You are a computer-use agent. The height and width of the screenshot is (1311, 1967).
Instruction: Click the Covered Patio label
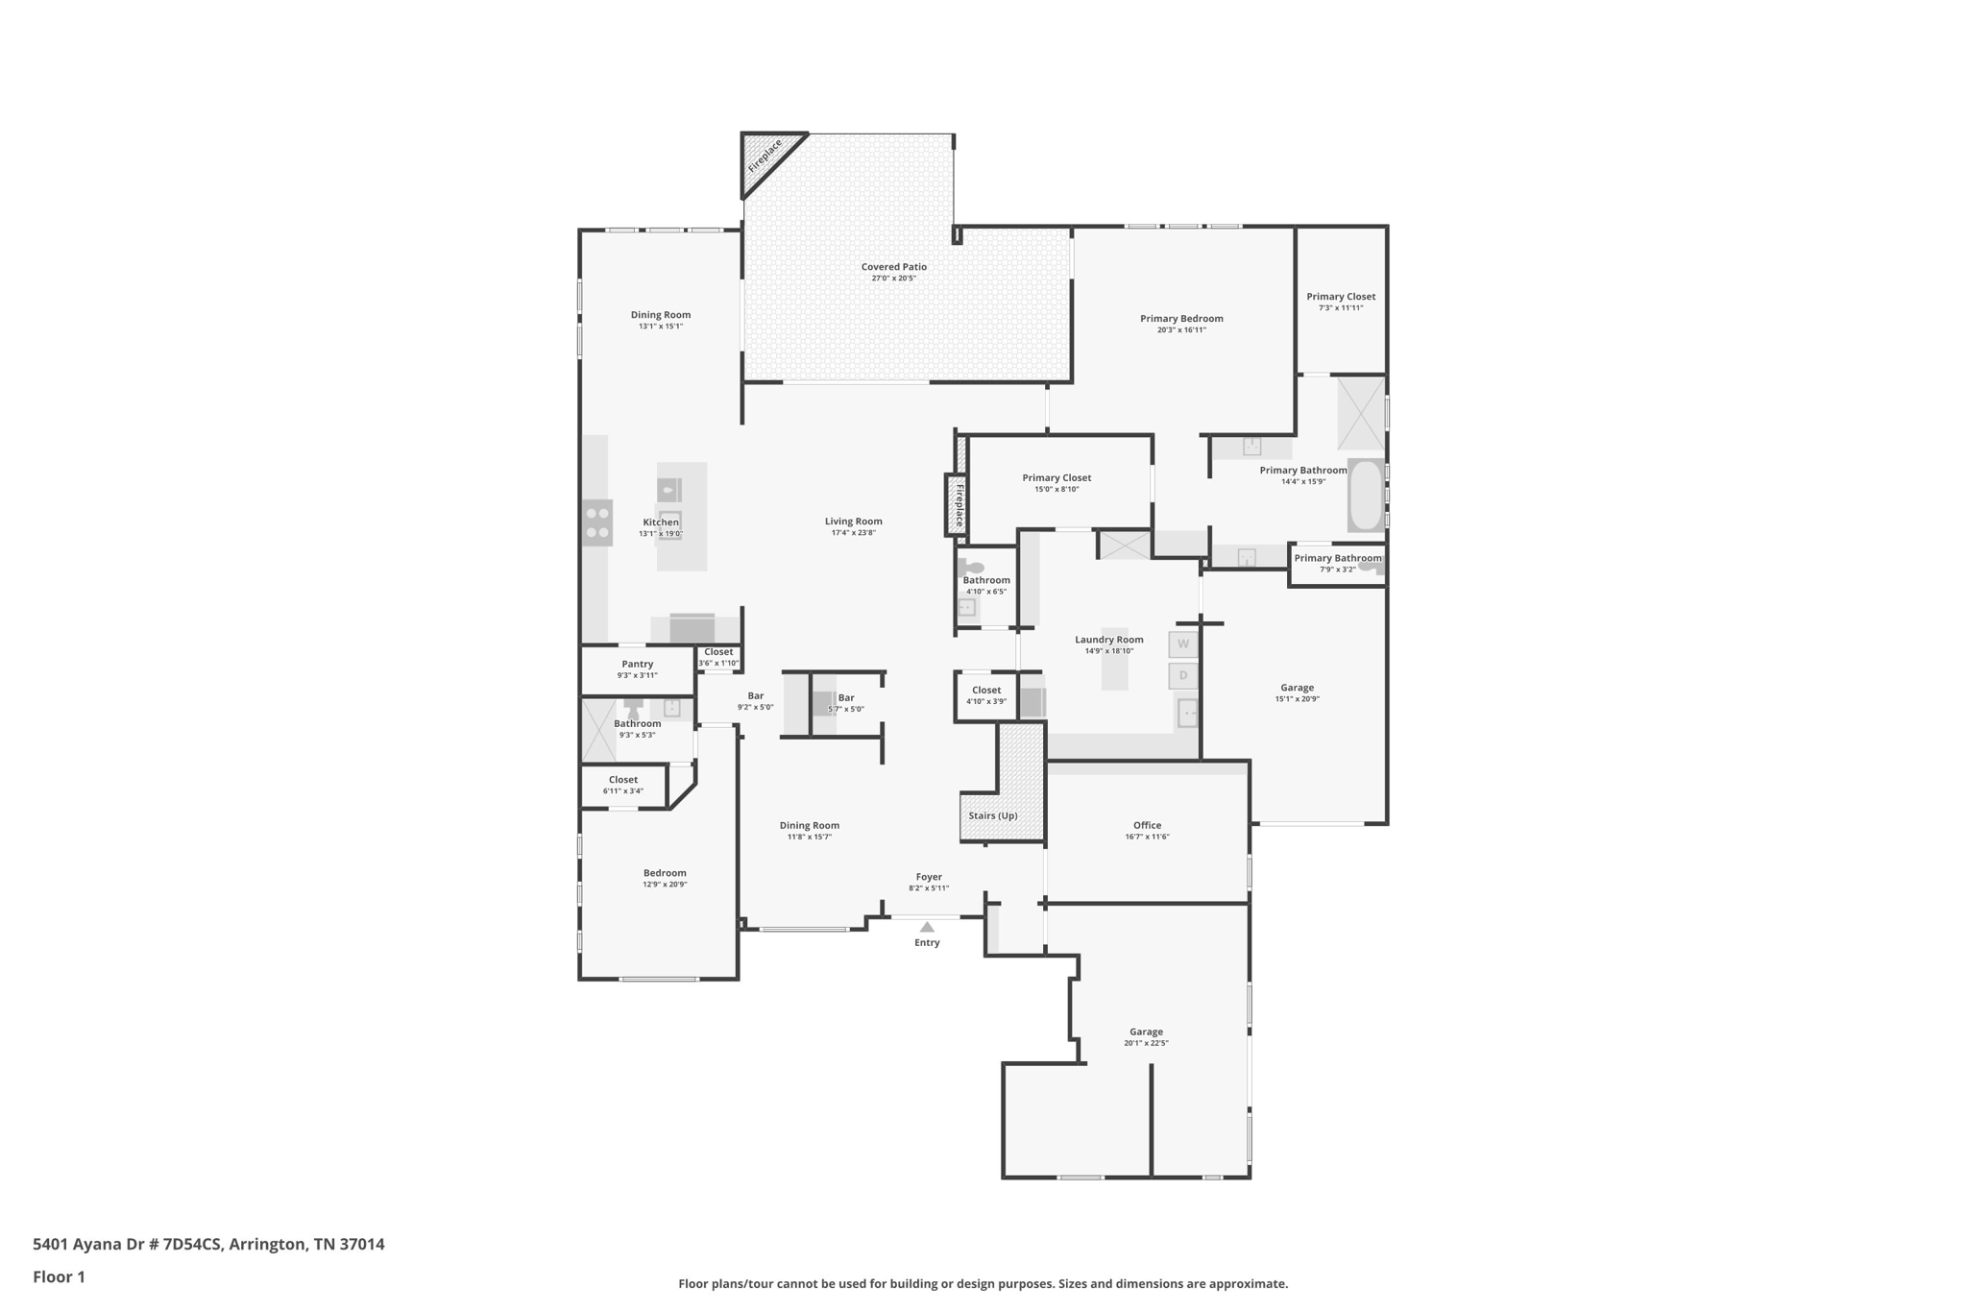(x=893, y=267)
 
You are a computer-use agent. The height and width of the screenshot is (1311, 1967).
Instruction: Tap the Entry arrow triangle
(x=927, y=927)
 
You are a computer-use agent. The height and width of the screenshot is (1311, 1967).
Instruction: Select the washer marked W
(x=1183, y=644)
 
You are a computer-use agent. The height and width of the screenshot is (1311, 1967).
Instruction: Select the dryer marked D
(x=1183, y=676)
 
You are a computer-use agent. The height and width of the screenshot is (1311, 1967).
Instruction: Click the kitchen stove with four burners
(x=597, y=523)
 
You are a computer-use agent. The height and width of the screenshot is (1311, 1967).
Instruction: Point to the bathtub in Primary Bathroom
(x=1365, y=496)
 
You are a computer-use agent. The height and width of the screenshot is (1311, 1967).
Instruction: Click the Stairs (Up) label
(x=993, y=815)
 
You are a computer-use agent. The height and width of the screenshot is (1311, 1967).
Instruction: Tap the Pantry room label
(x=638, y=664)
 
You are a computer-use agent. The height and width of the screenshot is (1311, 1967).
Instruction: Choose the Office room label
(x=1147, y=825)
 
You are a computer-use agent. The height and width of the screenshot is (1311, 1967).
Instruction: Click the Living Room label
(x=853, y=522)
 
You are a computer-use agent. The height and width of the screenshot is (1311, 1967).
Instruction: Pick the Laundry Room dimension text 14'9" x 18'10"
(x=1109, y=651)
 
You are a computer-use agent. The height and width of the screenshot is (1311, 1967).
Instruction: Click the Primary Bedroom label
(x=1181, y=319)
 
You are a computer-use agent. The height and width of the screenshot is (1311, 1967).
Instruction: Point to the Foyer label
(x=929, y=877)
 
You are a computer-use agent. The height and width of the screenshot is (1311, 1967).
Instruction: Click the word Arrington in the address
(x=268, y=1245)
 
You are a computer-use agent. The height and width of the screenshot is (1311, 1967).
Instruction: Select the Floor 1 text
(x=59, y=1276)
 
